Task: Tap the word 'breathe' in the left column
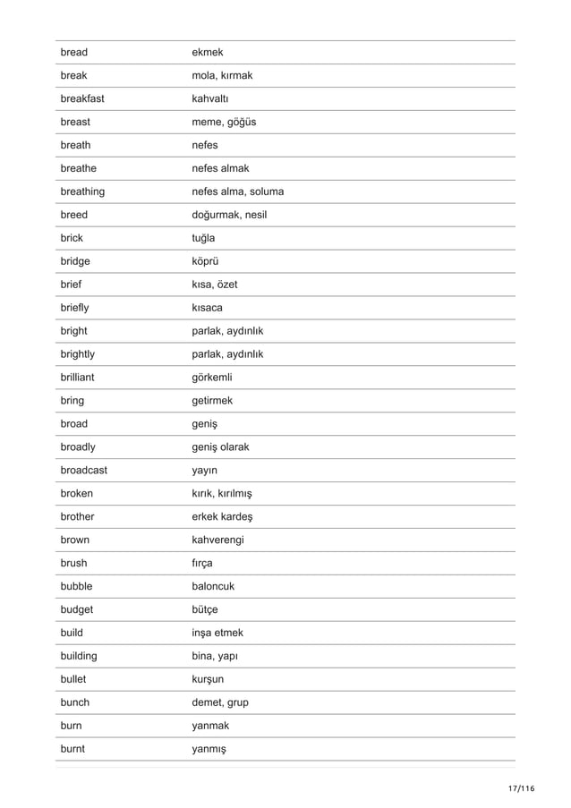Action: [x=79, y=168]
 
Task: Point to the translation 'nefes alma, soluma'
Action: [x=238, y=191]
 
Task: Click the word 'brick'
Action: [x=72, y=238]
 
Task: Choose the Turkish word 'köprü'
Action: [x=206, y=261]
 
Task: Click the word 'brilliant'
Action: [x=81, y=378]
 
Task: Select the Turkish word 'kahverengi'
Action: [x=218, y=540]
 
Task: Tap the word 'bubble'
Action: [x=77, y=587]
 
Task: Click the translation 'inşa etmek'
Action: [x=217, y=634]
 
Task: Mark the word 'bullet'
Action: [x=75, y=680]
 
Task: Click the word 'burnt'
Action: [x=72, y=750]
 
